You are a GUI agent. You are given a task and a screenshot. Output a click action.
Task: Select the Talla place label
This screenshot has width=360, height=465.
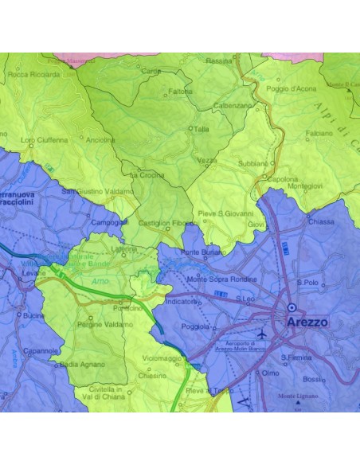point(202,128)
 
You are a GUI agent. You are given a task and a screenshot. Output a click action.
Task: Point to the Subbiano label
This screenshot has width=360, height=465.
point(253,163)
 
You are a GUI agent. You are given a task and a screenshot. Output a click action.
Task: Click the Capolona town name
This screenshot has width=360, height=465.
point(283,179)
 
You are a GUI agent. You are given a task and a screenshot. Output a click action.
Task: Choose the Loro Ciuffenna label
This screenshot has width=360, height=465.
point(45,140)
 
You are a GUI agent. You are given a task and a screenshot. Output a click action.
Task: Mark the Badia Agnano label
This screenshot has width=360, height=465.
point(82,364)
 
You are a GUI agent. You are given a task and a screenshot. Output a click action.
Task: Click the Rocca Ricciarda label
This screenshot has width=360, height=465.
point(33,74)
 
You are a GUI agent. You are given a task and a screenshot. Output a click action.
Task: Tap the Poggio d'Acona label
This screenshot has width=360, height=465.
point(292,88)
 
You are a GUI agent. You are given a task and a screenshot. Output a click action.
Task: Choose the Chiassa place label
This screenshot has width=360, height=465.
point(321,222)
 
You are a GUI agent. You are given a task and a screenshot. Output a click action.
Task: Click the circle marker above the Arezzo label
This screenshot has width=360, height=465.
point(292,307)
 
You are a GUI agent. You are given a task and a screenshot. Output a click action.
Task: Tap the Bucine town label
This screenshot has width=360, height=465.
point(34,316)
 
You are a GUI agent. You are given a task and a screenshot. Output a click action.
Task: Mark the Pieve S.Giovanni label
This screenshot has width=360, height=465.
point(225,213)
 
